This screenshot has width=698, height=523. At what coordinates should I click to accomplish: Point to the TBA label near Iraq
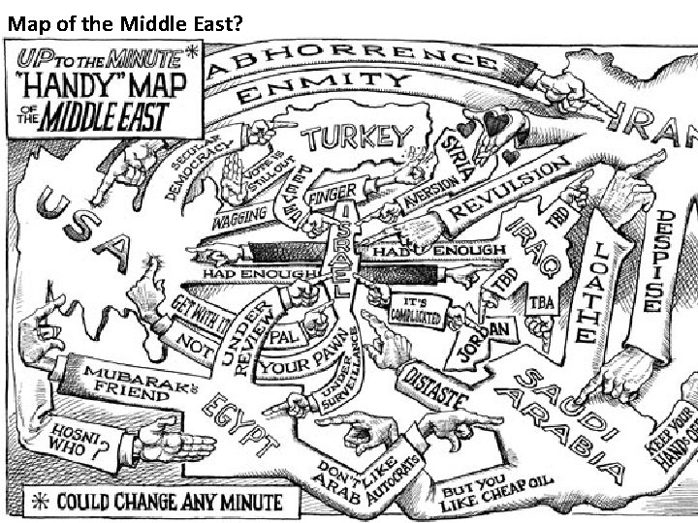tap(541, 303)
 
